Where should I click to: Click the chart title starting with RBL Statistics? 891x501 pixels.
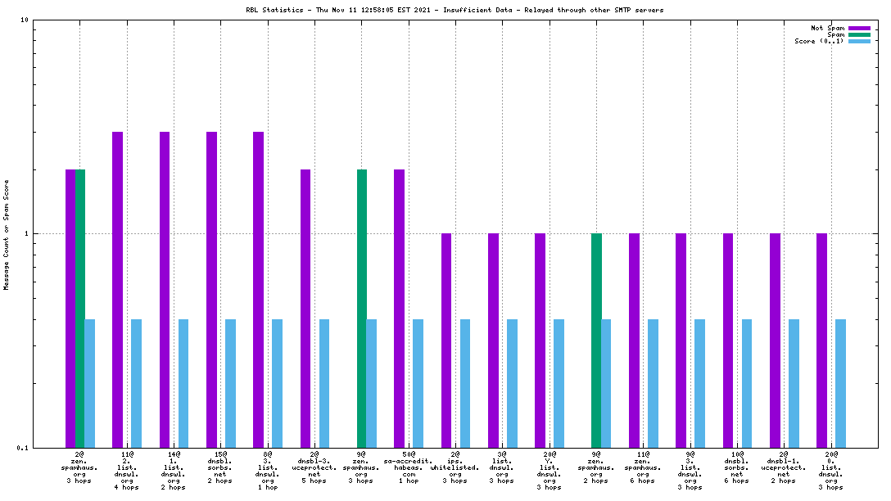[x=455, y=10]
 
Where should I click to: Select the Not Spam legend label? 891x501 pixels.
[x=828, y=28]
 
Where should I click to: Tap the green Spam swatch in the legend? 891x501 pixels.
[x=859, y=34]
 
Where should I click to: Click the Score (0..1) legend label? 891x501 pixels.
[x=819, y=41]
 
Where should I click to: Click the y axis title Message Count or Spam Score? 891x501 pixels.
[x=7, y=234]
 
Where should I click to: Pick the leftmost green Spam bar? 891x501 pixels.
[x=79, y=308]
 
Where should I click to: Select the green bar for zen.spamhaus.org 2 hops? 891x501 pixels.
[x=596, y=340]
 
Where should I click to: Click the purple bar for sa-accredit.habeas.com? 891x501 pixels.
[x=399, y=308]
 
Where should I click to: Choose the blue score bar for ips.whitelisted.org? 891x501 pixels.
[x=465, y=383]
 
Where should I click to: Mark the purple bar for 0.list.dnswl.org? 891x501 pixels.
[x=821, y=340]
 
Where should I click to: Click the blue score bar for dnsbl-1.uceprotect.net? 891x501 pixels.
[x=794, y=383]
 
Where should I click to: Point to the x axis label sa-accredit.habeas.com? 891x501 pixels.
[x=408, y=467]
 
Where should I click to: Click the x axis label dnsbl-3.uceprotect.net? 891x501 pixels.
[x=314, y=467]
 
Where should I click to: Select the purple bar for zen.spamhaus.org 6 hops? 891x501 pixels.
[x=634, y=340]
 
